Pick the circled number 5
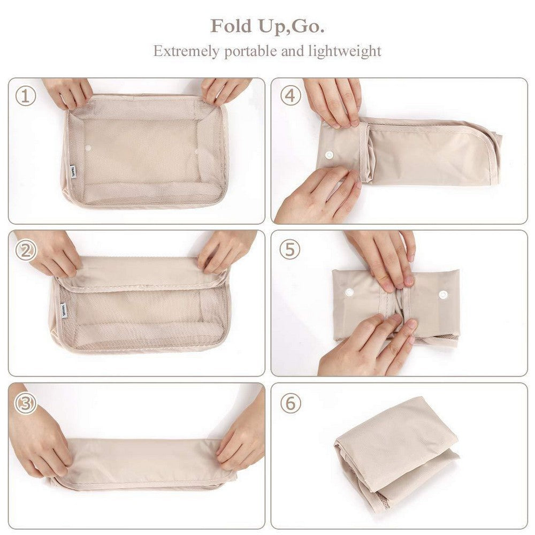click(289, 250)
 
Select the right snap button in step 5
click(443, 294)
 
